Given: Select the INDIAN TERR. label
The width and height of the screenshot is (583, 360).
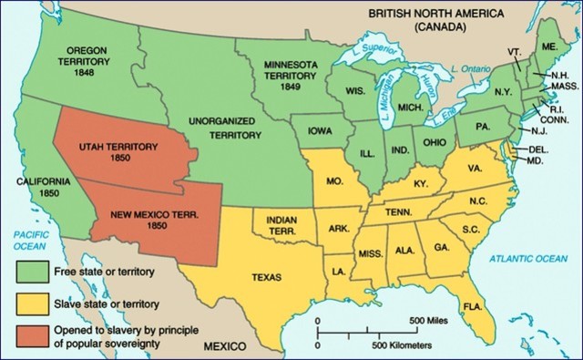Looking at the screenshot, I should pyautogui.click(x=286, y=226).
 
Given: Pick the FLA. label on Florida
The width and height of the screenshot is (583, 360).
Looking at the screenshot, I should pyautogui.click(x=472, y=305).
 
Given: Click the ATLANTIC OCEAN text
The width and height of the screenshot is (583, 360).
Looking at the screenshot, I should pyautogui.click(x=528, y=259).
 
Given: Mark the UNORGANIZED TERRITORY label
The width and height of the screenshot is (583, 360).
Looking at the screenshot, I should pyautogui.click(x=228, y=128).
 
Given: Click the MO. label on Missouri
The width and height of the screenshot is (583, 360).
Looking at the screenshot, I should pyautogui.click(x=334, y=182).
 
